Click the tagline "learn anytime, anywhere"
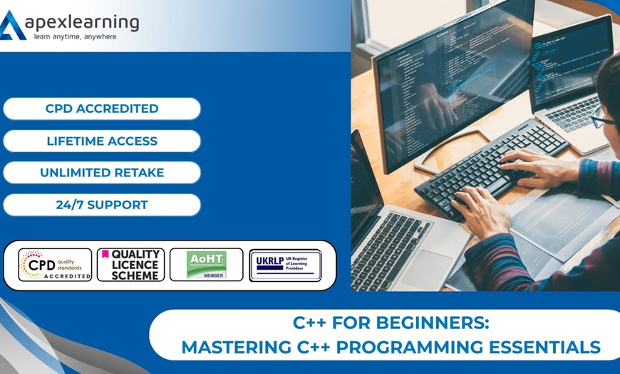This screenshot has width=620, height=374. point(75,36)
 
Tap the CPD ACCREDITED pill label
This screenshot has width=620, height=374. point(102,109)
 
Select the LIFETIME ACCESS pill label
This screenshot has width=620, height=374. point(102,141)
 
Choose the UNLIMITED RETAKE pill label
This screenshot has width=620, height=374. point(102,173)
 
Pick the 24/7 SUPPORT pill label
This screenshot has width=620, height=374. point(102,205)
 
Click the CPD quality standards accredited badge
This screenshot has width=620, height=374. point(55,265)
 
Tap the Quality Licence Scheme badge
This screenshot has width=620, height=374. point(130,265)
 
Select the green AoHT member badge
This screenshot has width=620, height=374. point(206,265)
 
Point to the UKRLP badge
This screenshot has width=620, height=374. point(285,265)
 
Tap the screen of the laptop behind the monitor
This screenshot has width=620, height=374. point(570,64)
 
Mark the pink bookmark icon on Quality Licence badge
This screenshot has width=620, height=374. point(105,253)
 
